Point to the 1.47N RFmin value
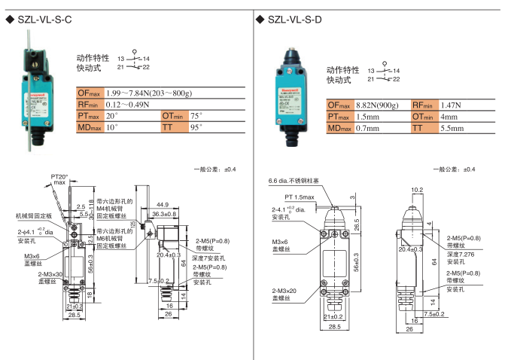pos(452,105)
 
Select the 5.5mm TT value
pos(452,130)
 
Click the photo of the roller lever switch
pos(34,98)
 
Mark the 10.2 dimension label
pos(417,190)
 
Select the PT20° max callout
pos(58,179)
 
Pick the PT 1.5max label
pos(299,197)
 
